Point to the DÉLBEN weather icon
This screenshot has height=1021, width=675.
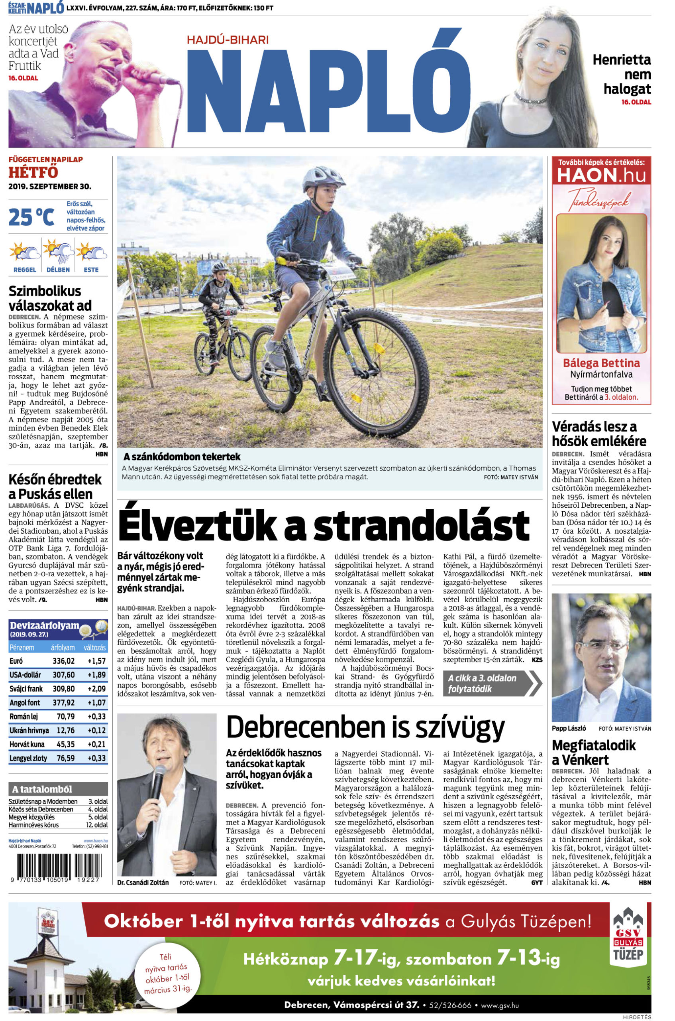coord(58,253)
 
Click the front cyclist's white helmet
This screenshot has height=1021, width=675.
coord(318,176)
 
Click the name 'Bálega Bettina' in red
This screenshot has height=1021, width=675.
coord(601,363)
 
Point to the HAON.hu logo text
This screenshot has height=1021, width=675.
coord(601,175)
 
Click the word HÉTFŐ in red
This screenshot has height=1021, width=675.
coord(33,172)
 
